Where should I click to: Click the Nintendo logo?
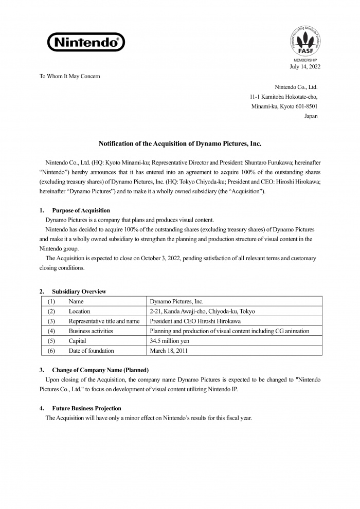86,42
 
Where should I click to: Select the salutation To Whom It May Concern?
70,76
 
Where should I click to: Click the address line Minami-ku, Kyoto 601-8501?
284,106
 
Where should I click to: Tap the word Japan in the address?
311,116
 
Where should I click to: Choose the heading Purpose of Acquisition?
81,211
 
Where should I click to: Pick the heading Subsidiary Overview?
79,292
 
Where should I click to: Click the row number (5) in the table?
51,341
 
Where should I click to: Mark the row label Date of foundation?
91,351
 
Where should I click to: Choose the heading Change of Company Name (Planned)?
100,370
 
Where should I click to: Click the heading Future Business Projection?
86,408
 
